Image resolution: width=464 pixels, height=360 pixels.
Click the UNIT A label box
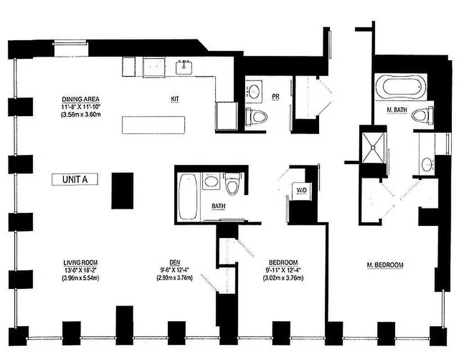click(75, 179)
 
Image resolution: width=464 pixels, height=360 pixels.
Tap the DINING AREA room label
click(81, 99)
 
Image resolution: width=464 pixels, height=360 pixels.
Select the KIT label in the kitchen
click(175, 99)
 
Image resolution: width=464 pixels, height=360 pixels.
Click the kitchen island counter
click(153, 125)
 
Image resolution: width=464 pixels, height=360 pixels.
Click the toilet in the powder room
click(257, 117)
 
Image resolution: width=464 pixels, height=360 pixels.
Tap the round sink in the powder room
click(255, 90)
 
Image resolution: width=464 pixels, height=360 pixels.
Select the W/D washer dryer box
click(301, 190)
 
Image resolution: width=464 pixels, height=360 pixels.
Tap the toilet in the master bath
click(422, 116)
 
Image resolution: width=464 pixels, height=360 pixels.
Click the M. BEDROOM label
click(384, 265)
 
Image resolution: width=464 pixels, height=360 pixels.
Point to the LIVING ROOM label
click(81, 262)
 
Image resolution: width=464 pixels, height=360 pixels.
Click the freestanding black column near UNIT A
click(122, 190)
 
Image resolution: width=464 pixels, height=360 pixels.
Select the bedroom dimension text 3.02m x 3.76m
click(283, 278)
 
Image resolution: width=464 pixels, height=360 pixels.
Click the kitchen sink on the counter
click(185, 67)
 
